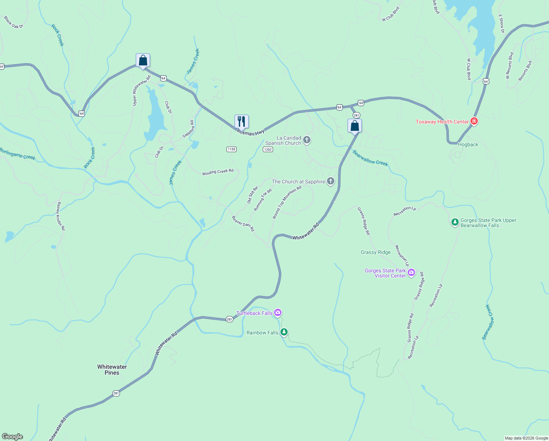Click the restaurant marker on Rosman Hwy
coord(241,121)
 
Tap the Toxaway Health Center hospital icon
coord(474,121)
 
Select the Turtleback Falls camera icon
coord(278,313)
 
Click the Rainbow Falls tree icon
coord(284,332)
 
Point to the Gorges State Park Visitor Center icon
coord(411,272)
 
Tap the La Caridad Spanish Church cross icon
coord(307,140)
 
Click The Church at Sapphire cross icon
coord(331,181)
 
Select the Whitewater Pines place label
coord(112,370)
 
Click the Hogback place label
coord(468,144)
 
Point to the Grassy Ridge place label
coord(375,252)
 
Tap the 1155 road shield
coord(232,149)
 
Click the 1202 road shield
coord(268,149)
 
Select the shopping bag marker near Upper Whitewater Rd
coord(143,61)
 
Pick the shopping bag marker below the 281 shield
coord(355,126)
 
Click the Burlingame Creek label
coord(17,154)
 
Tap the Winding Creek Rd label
coord(218,172)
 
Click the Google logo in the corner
coord(12,436)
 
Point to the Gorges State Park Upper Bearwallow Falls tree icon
coord(455,222)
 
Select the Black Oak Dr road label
coord(14,22)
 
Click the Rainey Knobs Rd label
coord(61,216)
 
